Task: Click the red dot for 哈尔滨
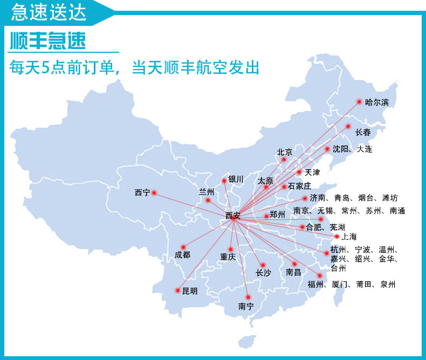click(x=359, y=101)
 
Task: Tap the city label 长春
click(x=363, y=132)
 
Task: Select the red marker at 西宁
click(x=154, y=192)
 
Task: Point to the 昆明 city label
click(x=190, y=291)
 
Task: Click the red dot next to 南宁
click(x=248, y=297)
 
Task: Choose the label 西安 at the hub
click(x=232, y=216)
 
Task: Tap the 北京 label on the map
click(x=284, y=153)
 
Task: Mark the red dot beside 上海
click(x=336, y=236)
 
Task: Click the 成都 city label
click(x=182, y=255)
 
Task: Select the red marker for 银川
click(x=224, y=181)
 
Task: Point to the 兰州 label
click(x=207, y=192)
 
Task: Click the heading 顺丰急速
click(x=48, y=41)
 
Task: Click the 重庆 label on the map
click(x=228, y=257)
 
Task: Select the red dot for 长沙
click(x=263, y=265)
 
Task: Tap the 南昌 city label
click(x=294, y=273)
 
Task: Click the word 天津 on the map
click(x=312, y=173)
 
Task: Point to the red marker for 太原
click(x=266, y=187)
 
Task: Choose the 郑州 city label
click(x=277, y=214)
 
